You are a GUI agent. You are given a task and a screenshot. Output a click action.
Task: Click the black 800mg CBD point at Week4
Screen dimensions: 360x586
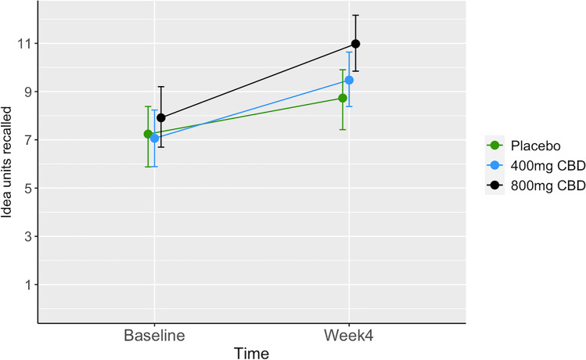(355, 44)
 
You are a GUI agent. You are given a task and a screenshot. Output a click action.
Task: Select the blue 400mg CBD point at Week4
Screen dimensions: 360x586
(349, 80)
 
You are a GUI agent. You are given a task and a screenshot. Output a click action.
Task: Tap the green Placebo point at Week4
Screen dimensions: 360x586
(343, 98)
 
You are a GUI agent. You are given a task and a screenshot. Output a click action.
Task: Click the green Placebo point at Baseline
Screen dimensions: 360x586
(148, 134)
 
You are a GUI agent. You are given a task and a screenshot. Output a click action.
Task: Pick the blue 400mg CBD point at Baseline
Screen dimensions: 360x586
(155, 138)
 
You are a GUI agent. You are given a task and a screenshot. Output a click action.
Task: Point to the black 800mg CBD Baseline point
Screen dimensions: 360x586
(161, 117)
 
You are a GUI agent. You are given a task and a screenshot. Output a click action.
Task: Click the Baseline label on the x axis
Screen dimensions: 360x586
(154, 335)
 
